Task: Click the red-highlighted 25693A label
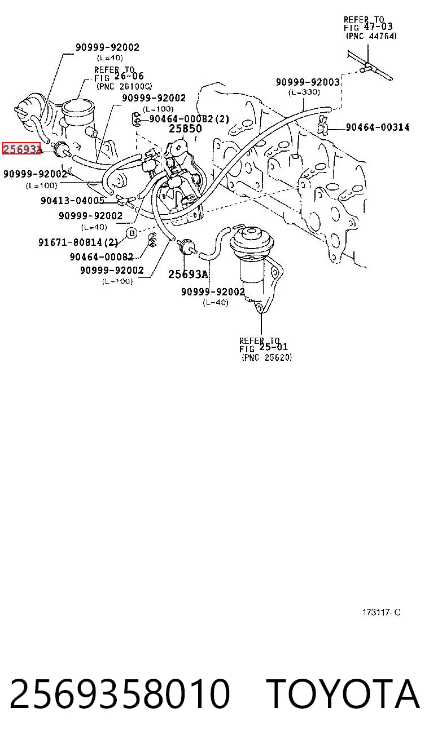click(x=21, y=148)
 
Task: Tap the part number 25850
click(x=185, y=128)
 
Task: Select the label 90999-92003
click(x=308, y=82)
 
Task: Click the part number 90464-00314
click(x=378, y=127)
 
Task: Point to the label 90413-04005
click(x=73, y=201)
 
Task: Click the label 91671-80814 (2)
click(x=78, y=242)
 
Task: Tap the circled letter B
click(x=132, y=233)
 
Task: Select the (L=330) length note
click(x=304, y=92)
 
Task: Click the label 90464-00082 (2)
click(x=189, y=118)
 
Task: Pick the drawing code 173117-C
click(x=381, y=612)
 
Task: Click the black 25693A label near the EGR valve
click(x=189, y=274)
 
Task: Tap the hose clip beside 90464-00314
click(x=323, y=125)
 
